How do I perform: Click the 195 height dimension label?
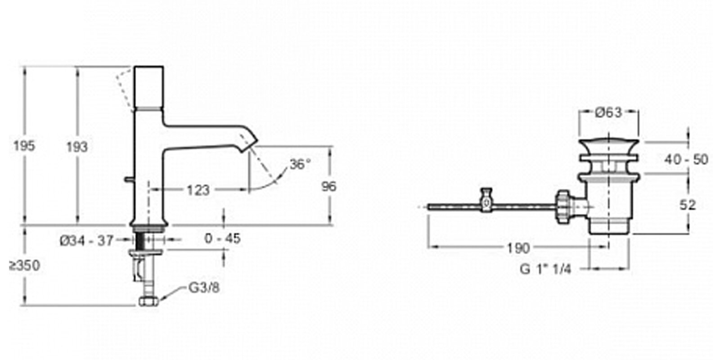(x=24, y=146)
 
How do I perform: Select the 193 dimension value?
(x=77, y=147)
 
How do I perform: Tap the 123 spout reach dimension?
(x=198, y=190)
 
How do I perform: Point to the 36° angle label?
(x=300, y=165)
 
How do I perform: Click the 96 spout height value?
(x=329, y=186)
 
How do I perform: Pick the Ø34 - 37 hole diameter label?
(x=87, y=240)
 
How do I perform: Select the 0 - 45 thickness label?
(x=222, y=238)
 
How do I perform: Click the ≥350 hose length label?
(x=25, y=266)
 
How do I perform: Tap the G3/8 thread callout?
(x=204, y=288)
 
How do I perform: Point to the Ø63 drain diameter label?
(x=608, y=112)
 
